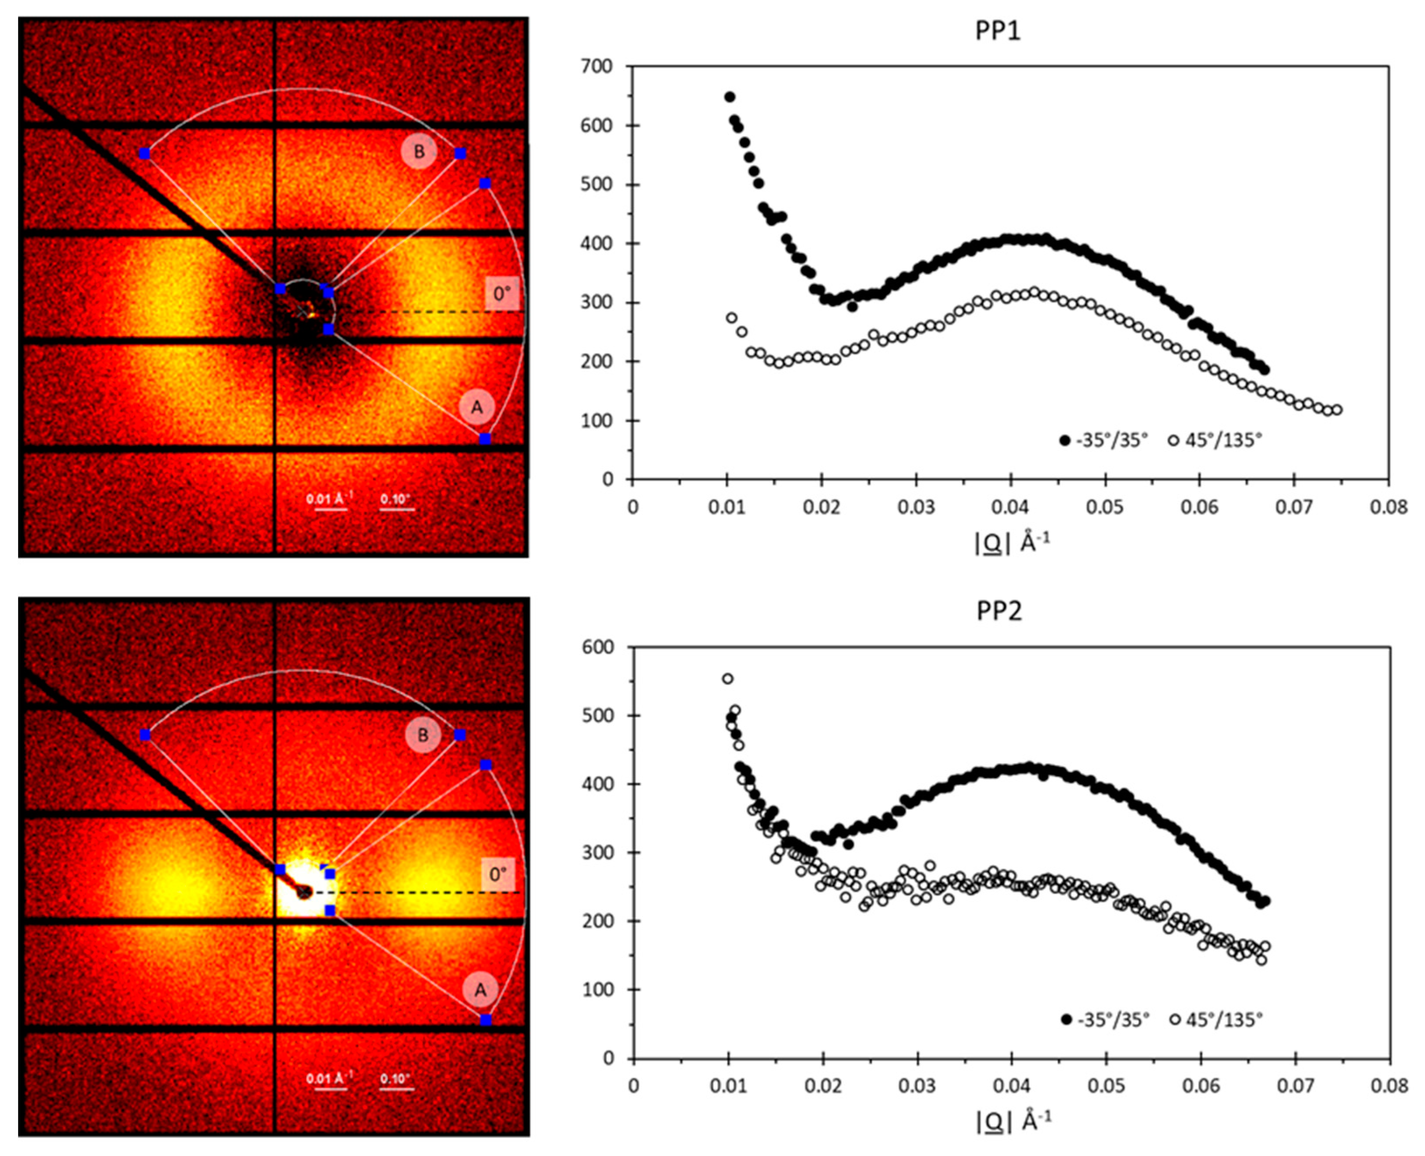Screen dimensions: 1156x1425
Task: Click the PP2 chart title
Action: (998, 611)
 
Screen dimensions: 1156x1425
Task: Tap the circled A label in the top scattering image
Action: (477, 407)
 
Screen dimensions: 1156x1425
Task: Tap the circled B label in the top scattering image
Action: (419, 151)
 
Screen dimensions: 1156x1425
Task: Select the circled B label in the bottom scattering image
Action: (423, 735)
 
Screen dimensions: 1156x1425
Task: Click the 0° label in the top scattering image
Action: (502, 293)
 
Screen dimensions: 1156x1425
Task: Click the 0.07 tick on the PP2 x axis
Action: (1295, 1086)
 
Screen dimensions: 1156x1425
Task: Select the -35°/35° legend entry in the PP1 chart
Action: (1105, 440)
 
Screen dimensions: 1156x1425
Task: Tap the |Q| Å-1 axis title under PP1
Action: (1012, 543)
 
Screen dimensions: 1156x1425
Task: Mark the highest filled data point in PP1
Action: (730, 97)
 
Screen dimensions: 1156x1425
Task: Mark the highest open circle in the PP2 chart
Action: (727, 679)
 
